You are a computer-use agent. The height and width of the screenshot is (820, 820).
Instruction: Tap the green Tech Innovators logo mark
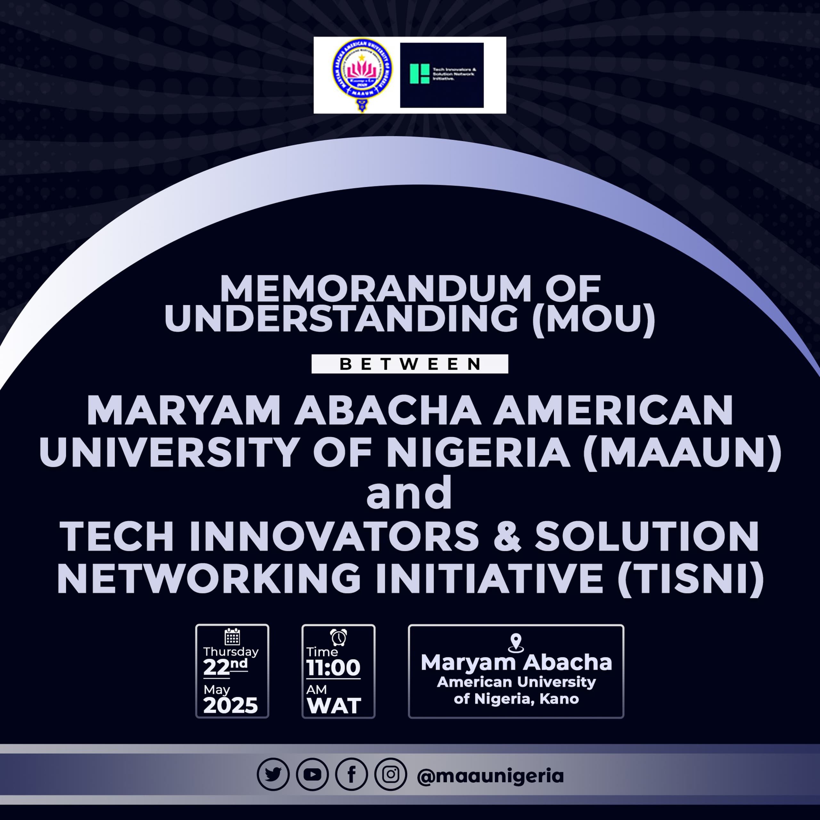[419, 73]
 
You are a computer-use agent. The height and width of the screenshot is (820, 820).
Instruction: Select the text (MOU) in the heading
[594, 319]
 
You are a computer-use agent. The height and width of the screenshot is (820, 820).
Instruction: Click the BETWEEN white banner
[410, 364]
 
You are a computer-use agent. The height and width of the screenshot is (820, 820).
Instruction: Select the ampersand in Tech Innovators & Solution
[507, 537]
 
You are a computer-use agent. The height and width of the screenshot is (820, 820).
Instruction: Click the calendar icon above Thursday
[232, 637]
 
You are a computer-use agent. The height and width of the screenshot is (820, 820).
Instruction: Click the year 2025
[231, 705]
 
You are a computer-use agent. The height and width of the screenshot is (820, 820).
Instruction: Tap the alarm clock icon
[338, 637]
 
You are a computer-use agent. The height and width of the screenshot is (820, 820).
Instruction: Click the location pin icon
[516, 643]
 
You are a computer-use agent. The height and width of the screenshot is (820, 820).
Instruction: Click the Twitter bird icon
[273, 774]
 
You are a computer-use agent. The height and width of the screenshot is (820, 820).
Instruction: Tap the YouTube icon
[312, 774]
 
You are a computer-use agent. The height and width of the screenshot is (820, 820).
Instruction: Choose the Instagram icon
[390, 774]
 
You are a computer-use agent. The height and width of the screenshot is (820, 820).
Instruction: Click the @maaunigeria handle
[490, 776]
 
